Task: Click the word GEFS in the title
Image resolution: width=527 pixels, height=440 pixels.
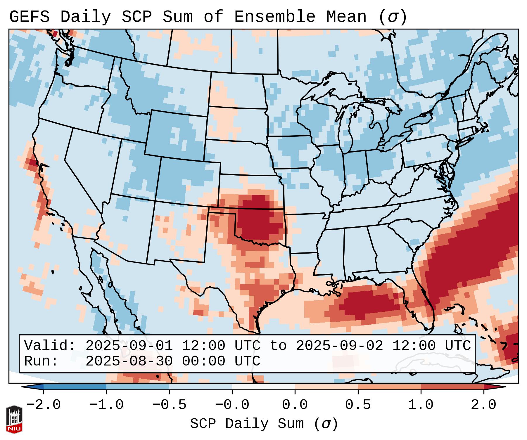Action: pos(29,17)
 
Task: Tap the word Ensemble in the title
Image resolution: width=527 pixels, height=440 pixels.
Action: pos(274,17)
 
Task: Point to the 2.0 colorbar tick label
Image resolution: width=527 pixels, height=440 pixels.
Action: pos(483,405)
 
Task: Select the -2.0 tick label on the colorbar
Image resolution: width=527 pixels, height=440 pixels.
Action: pos(44,405)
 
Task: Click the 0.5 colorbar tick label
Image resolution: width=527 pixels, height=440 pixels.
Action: pos(358,405)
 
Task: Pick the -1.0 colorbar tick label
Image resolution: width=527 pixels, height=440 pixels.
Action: pos(106,405)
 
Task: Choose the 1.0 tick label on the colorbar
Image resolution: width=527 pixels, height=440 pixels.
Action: pos(421,405)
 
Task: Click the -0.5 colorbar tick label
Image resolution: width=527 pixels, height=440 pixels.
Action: pos(169,405)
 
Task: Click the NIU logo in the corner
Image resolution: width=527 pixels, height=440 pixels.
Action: pos(14,419)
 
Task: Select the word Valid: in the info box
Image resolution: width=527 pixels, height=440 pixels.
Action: pos(50,346)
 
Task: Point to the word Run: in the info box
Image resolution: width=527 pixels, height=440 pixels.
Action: pos(41,361)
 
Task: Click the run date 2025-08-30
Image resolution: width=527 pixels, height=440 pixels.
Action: pos(129,361)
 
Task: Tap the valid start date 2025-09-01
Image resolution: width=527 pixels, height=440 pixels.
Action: pos(129,346)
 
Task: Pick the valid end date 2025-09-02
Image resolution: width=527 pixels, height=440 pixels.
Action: pos(339,346)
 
